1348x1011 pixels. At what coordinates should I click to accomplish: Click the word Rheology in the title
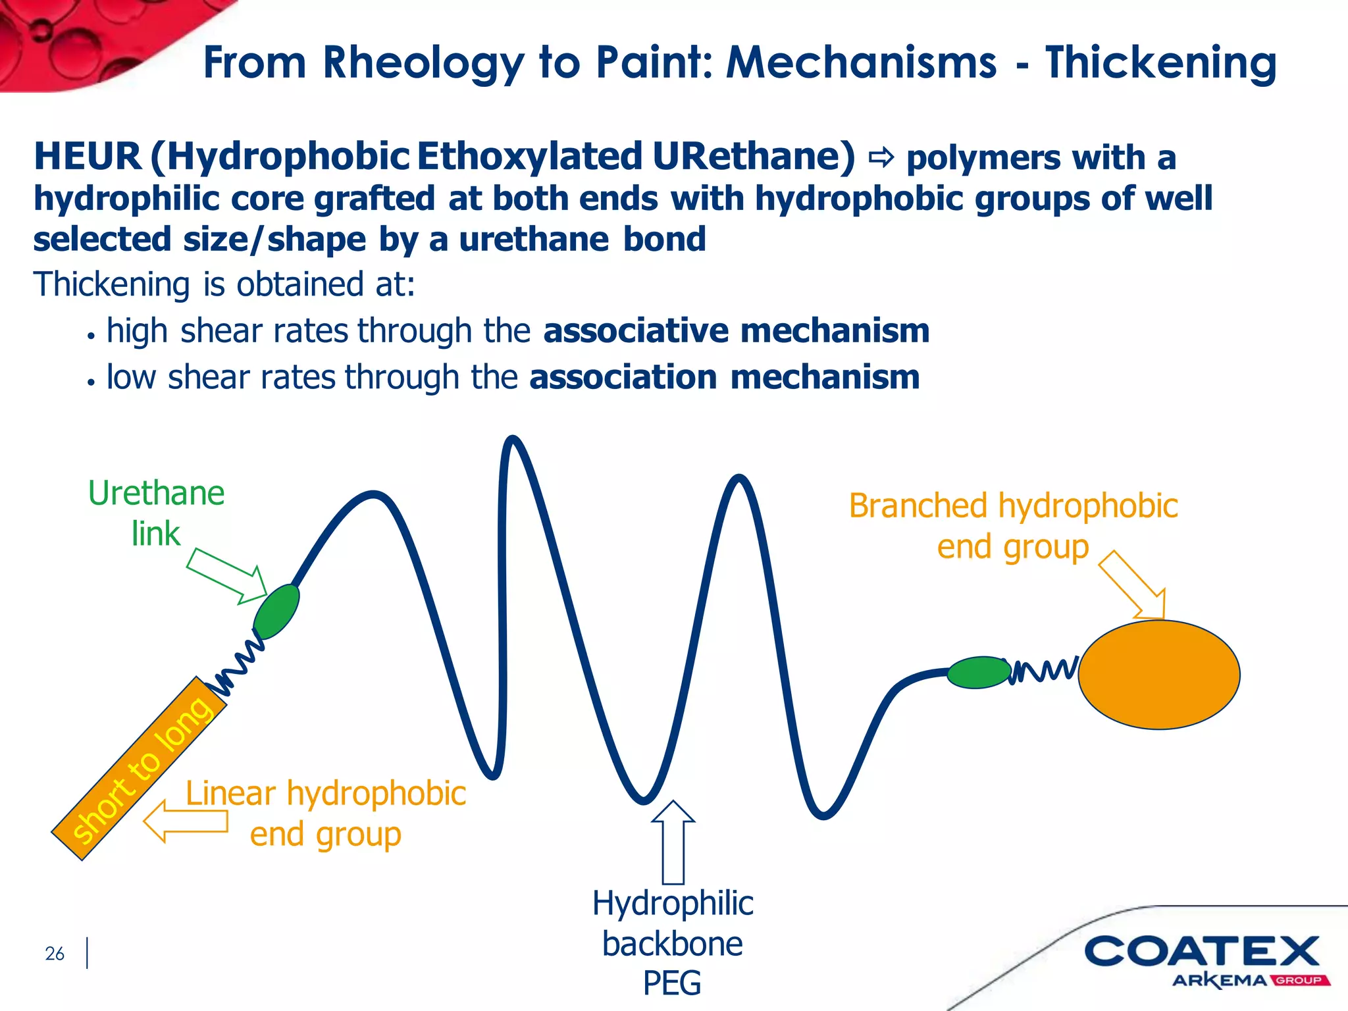(x=423, y=64)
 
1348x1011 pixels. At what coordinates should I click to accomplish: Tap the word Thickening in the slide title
(x=1160, y=64)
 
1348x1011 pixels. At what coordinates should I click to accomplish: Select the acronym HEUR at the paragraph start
(x=88, y=157)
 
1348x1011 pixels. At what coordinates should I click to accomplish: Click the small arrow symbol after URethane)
(x=881, y=157)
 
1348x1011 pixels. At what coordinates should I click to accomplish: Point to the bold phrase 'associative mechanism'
(x=736, y=330)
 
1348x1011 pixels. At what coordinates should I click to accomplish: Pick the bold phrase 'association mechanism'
(x=724, y=377)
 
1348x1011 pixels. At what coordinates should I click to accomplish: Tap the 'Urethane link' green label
(x=156, y=513)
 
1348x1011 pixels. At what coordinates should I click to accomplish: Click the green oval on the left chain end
(x=276, y=611)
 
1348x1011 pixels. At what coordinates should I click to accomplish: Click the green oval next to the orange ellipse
(x=979, y=672)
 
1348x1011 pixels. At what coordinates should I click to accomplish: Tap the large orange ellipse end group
(x=1158, y=675)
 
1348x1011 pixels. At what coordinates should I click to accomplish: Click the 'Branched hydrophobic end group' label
(x=1012, y=526)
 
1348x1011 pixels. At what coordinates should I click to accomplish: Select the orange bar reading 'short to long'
(x=139, y=769)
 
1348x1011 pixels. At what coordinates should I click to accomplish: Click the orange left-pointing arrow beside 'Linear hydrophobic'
(x=186, y=821)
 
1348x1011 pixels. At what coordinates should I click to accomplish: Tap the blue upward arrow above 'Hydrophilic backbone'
(x=673, y=842)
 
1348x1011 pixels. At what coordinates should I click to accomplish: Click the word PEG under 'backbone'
(x=671, y=983)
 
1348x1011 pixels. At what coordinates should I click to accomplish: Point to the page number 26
(x=55, y=953)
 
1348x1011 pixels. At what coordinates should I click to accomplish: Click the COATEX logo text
(x=1201, y=952)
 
